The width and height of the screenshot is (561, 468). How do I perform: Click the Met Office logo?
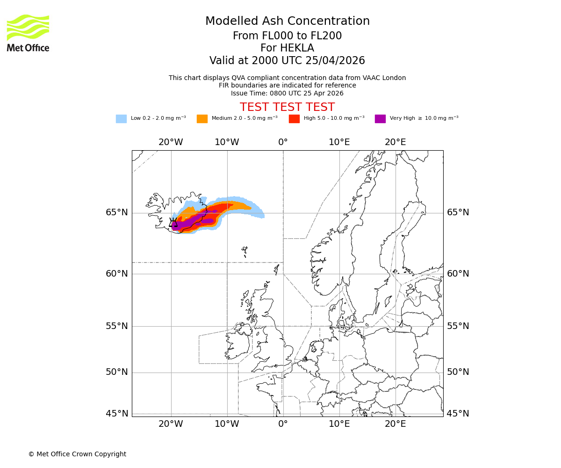28,33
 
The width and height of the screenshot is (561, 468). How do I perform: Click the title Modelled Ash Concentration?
287,22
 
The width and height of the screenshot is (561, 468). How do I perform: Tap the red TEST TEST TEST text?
287,107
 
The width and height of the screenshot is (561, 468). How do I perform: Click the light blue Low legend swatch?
121,119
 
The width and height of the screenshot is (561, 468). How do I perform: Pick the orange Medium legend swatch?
202,119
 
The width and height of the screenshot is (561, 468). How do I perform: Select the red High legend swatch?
294,119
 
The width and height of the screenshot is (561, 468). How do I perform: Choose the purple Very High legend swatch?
380,119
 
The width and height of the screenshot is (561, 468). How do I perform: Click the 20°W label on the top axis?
171,142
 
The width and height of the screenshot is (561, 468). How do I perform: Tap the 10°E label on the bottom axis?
339,424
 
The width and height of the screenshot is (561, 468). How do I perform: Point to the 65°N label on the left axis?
116,212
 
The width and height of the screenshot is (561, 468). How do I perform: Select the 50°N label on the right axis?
458,372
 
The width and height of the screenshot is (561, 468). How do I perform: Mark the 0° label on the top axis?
283,142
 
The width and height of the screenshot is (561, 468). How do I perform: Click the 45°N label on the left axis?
116,414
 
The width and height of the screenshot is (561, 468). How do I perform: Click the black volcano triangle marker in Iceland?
173,223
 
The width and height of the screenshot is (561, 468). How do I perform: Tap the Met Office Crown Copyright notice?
77,454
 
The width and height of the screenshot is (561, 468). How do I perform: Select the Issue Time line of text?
287,93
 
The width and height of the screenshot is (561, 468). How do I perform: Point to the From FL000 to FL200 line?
287,36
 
